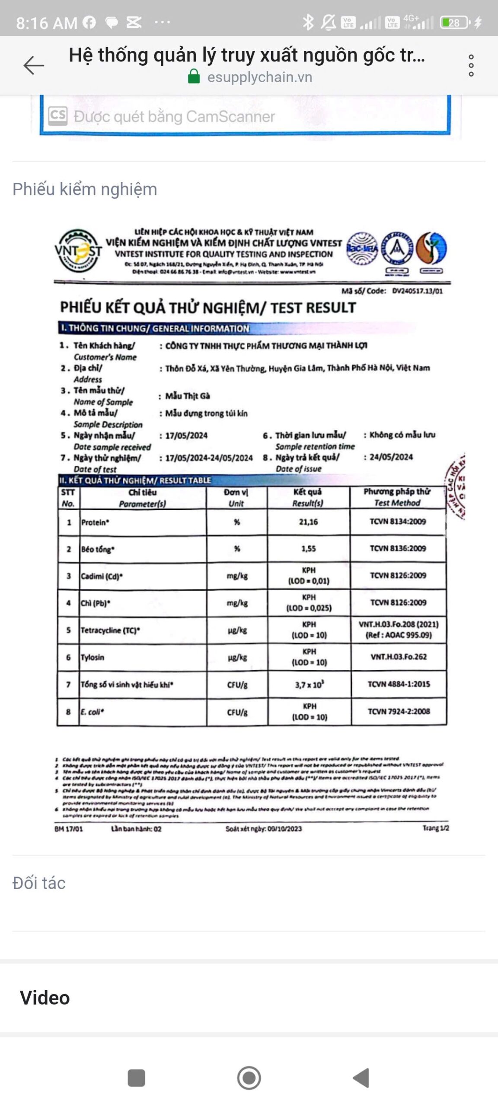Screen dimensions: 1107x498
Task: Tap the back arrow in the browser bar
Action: (34, 66)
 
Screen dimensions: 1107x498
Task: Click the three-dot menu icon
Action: (471, 66)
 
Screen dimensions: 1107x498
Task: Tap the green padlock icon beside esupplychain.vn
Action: (194, 77)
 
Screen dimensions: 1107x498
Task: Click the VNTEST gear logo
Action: (78, 250)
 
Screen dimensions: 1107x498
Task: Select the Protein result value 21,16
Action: (308, 522)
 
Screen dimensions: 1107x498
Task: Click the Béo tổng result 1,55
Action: (309, 549)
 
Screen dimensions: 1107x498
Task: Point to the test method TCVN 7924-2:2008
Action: (399, 711)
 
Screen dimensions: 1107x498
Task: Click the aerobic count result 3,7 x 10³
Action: (310, 685)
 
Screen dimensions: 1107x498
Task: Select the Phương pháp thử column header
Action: (397, 497)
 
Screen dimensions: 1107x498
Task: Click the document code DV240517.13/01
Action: (417, 291)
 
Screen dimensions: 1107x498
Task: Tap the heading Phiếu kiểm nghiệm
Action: (85, 189)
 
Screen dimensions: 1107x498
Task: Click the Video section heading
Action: (45, 998)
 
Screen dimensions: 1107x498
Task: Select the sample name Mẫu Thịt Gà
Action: (188, 396)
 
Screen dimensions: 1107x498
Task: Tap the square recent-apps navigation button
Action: (137, 1078)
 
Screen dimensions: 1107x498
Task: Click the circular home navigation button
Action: (249, 1078)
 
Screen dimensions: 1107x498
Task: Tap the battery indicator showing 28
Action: (454, 22)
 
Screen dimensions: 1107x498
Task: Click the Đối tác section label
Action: (39, 883)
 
